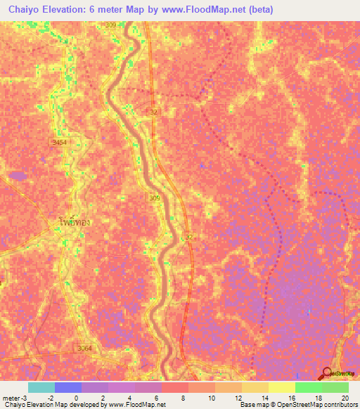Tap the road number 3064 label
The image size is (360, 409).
point(84,348)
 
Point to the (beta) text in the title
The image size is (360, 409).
point(259,9)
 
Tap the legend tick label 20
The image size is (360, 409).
point(345,397)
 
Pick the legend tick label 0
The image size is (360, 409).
point(75,397)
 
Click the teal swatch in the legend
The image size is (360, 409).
point(41,387)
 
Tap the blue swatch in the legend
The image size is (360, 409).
point(68,387)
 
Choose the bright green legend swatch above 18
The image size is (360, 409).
point(308,387)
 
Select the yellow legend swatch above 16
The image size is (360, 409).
point(281,387)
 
